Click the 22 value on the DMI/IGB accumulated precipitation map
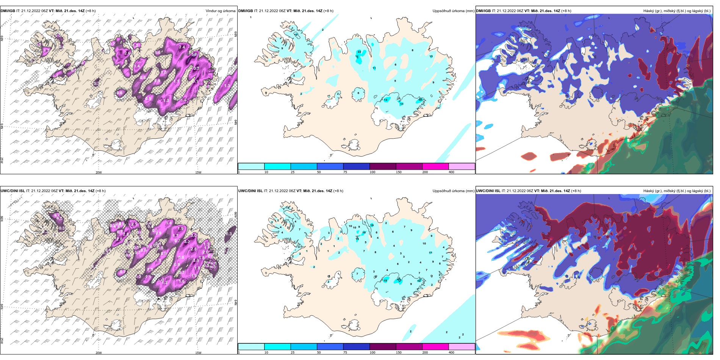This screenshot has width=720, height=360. point(359,52)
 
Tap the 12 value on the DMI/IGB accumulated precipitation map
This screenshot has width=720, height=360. point(296,34)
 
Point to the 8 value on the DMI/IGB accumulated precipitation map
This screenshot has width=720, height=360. point(412,50)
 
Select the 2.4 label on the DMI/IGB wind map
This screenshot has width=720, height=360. point(182,47)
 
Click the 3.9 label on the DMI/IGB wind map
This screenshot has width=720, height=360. point(194,54)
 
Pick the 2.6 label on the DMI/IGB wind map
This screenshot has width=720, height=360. point(128,53)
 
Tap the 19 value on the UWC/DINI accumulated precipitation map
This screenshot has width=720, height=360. point(372,225)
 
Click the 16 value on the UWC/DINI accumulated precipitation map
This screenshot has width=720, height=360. point(364,233)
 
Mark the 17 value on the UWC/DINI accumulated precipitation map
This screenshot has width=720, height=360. point(399,280)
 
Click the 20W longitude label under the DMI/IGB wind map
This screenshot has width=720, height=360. point(99,172)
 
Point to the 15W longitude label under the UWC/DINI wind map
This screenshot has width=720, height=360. point(198,353)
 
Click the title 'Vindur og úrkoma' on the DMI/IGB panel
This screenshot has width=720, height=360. point(220,11)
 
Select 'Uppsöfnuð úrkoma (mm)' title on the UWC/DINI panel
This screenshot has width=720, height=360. point(453,191)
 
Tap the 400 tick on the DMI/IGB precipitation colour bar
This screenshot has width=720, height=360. point(451,172)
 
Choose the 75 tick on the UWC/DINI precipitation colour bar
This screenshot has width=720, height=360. point(345,352)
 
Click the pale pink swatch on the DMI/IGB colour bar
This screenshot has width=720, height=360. point(462,166)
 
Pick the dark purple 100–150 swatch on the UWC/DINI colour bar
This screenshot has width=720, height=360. point(383,347)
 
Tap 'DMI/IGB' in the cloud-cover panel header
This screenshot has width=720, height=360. point(483,11)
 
